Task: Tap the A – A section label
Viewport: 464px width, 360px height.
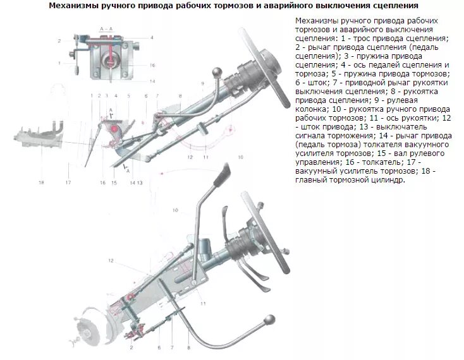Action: (x=106, y=29)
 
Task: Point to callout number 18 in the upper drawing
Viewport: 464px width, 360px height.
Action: (x=41, y=183)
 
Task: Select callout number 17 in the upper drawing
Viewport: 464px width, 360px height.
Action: (x=68, y=183)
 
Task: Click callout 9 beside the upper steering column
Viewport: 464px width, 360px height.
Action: (x=203, y=83)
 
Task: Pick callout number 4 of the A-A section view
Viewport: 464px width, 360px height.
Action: (x=152, y=37)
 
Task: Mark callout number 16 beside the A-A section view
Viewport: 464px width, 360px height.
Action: (x=152, y=65)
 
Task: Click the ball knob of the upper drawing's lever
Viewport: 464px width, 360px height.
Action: (x=217, y=72)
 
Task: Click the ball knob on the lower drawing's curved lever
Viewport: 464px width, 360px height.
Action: (x=269, y=320)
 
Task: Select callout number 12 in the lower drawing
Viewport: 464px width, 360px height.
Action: (x=111, y=261)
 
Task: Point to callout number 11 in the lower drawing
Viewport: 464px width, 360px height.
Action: (x=203, y=304)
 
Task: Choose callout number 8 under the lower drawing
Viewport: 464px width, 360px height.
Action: (x=188, y=348)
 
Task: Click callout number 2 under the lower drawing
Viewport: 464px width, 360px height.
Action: (x=131, y=347)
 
